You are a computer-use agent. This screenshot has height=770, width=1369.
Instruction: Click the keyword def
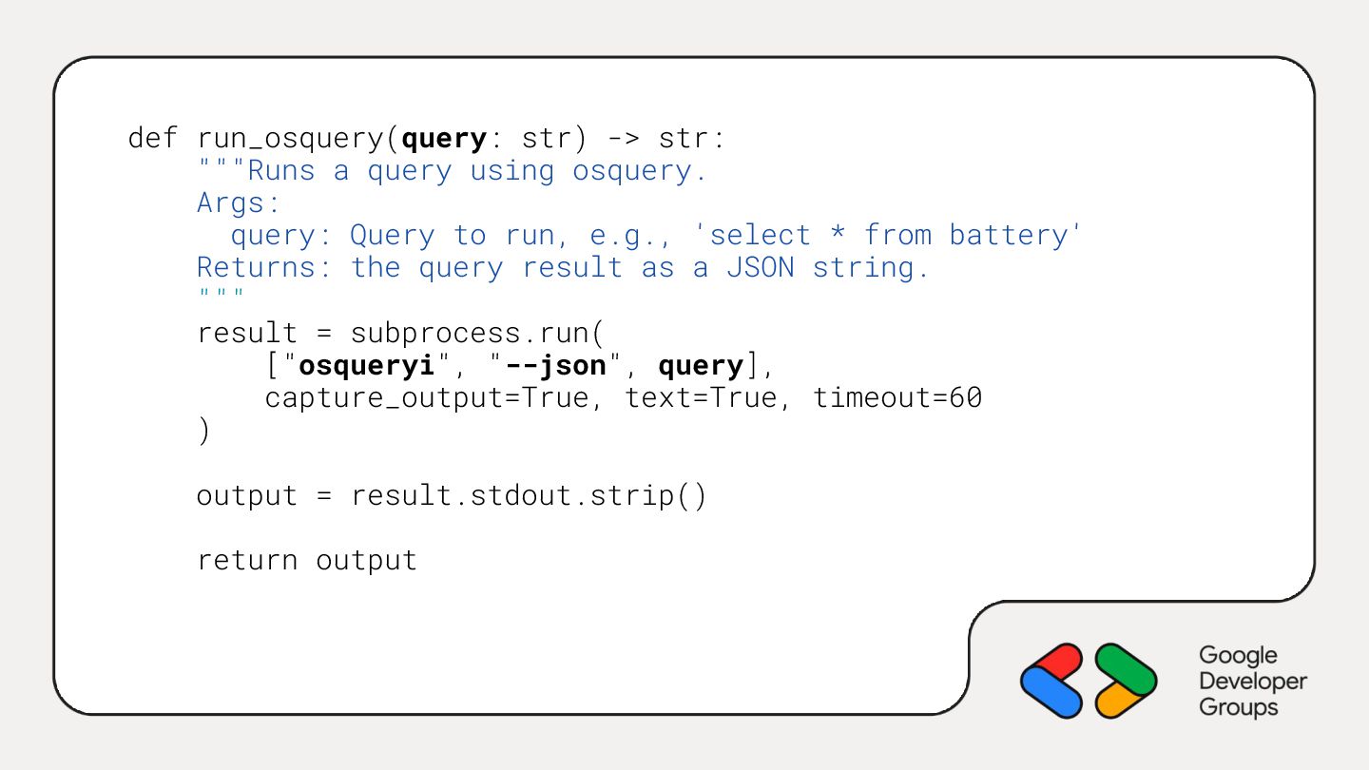(x=152, y=139)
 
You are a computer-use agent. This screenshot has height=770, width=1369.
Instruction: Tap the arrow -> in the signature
(x=623, y=139)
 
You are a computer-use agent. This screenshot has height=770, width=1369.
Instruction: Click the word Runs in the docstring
(x=281, y=171)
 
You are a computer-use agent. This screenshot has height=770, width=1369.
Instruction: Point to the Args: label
(x=239, y=203)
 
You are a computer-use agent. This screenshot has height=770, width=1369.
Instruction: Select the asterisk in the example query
(x=837, y=235)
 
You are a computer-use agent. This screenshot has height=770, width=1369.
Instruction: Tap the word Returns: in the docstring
(x=264, y=268)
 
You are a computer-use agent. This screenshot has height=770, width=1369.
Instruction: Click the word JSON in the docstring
(x=760, y=268)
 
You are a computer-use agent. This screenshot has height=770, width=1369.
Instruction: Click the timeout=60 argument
(x=897, y=398)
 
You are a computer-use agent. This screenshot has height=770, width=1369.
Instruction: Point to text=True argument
(x=701, y=398)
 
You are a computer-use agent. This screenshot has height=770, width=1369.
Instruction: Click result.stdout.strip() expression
(x=529, y=496)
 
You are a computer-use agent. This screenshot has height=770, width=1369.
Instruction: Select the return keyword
(x=247, y=561)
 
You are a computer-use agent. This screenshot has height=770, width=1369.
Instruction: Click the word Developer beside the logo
(x=1252, y=682)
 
